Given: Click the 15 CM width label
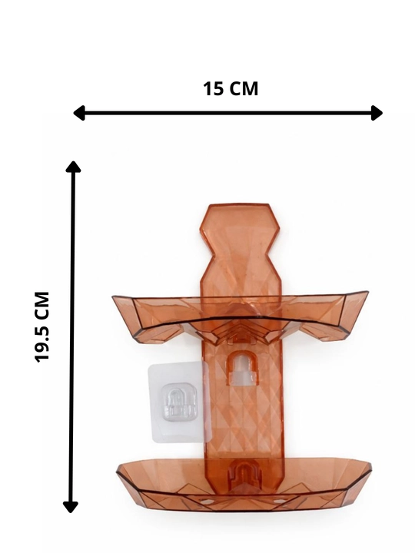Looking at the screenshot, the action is tap(231, 88).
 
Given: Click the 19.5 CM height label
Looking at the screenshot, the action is tap(42, 327).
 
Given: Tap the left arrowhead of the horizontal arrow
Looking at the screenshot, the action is tap(79, 113).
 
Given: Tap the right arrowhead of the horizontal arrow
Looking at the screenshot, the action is tap(377, 113).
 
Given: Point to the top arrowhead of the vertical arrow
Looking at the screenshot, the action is tap(73, 167).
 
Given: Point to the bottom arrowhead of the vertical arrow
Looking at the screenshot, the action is tap(71, 507).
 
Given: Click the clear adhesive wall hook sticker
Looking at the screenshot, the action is tap(178, 402).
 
